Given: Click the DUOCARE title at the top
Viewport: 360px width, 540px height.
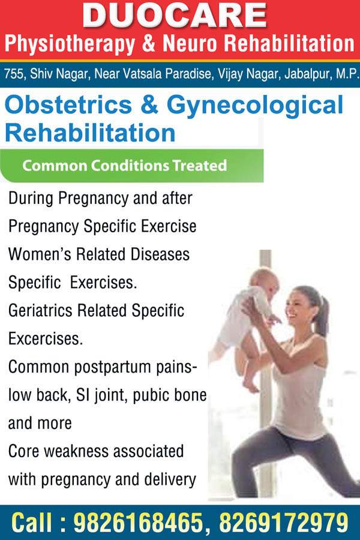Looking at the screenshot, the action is [175, 16].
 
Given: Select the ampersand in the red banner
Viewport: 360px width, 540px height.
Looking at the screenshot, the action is [149, 43].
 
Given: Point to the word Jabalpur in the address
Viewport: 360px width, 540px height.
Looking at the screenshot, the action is [307, 74].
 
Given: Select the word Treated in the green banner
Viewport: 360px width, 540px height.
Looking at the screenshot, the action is [200, 166].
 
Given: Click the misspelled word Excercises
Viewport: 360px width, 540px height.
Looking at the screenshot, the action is [46, 338].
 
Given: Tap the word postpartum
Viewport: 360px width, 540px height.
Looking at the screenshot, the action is [113, 368].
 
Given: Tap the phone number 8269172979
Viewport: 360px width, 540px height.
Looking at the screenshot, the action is [284, 523].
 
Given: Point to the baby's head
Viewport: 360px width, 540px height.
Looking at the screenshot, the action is [265, 280].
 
